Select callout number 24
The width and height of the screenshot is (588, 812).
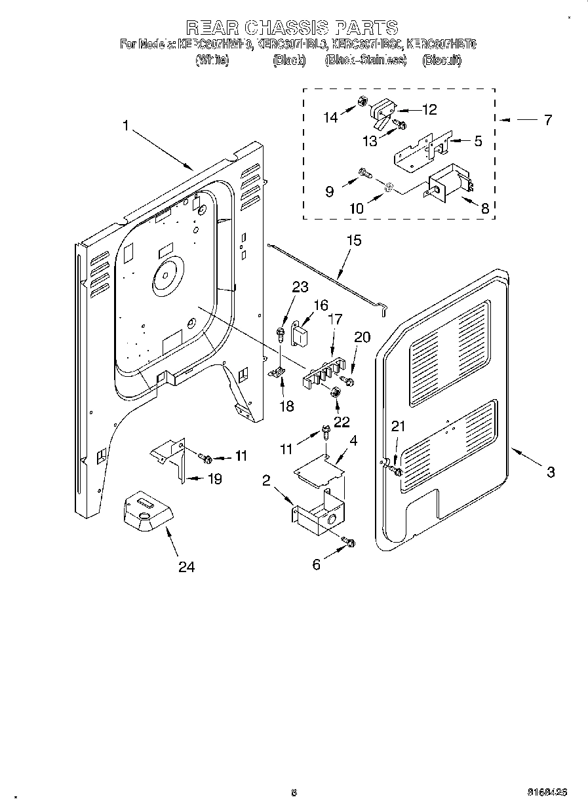186,567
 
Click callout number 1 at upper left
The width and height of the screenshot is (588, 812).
126,125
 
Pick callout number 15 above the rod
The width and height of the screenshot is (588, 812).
353,241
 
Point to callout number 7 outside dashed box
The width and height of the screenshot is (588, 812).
548,120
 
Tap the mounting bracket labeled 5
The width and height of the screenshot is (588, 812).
422,150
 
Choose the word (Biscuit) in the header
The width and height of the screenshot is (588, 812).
442,60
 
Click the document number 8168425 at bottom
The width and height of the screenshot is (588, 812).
547,792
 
